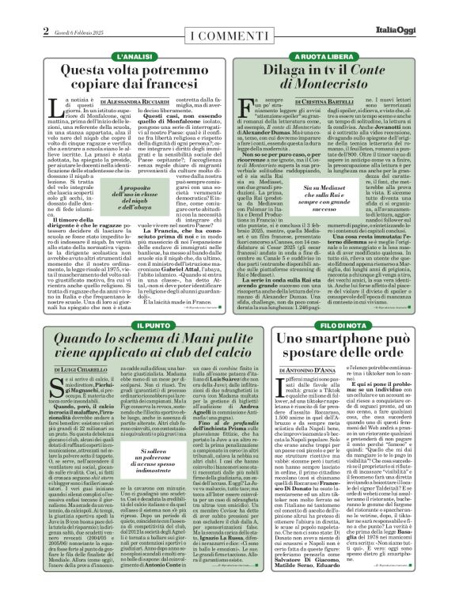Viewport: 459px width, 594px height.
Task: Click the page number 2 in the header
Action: coord(46,32)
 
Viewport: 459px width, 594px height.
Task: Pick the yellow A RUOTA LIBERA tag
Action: coord(343,58)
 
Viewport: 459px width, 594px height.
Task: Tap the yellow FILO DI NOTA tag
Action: coord(343,303)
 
